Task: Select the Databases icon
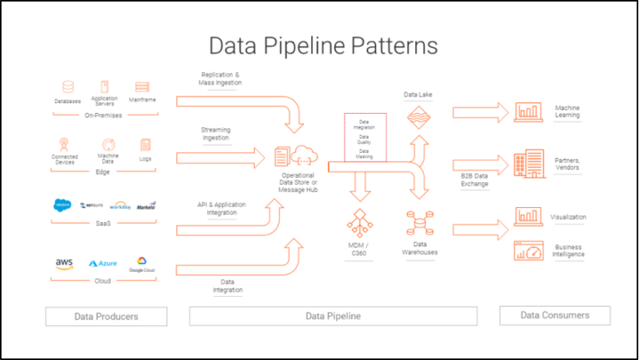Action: coord(68,87)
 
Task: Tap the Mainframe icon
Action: coord(141,87)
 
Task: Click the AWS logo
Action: coord(64,264)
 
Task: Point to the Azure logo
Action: coord(103,264)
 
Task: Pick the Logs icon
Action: coord(146,145)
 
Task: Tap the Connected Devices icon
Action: coord(64,145)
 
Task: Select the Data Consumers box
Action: coord(554,315)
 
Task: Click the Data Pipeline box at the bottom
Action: coord(333,316)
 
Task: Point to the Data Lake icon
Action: coord(416,118)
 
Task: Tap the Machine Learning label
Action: coord(567,111)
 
